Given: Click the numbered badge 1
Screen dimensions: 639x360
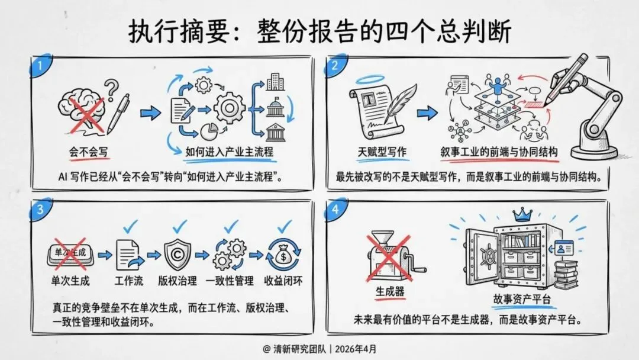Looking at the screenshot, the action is point(38,65).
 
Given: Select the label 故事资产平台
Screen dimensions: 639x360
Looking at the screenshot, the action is point(523,299).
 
